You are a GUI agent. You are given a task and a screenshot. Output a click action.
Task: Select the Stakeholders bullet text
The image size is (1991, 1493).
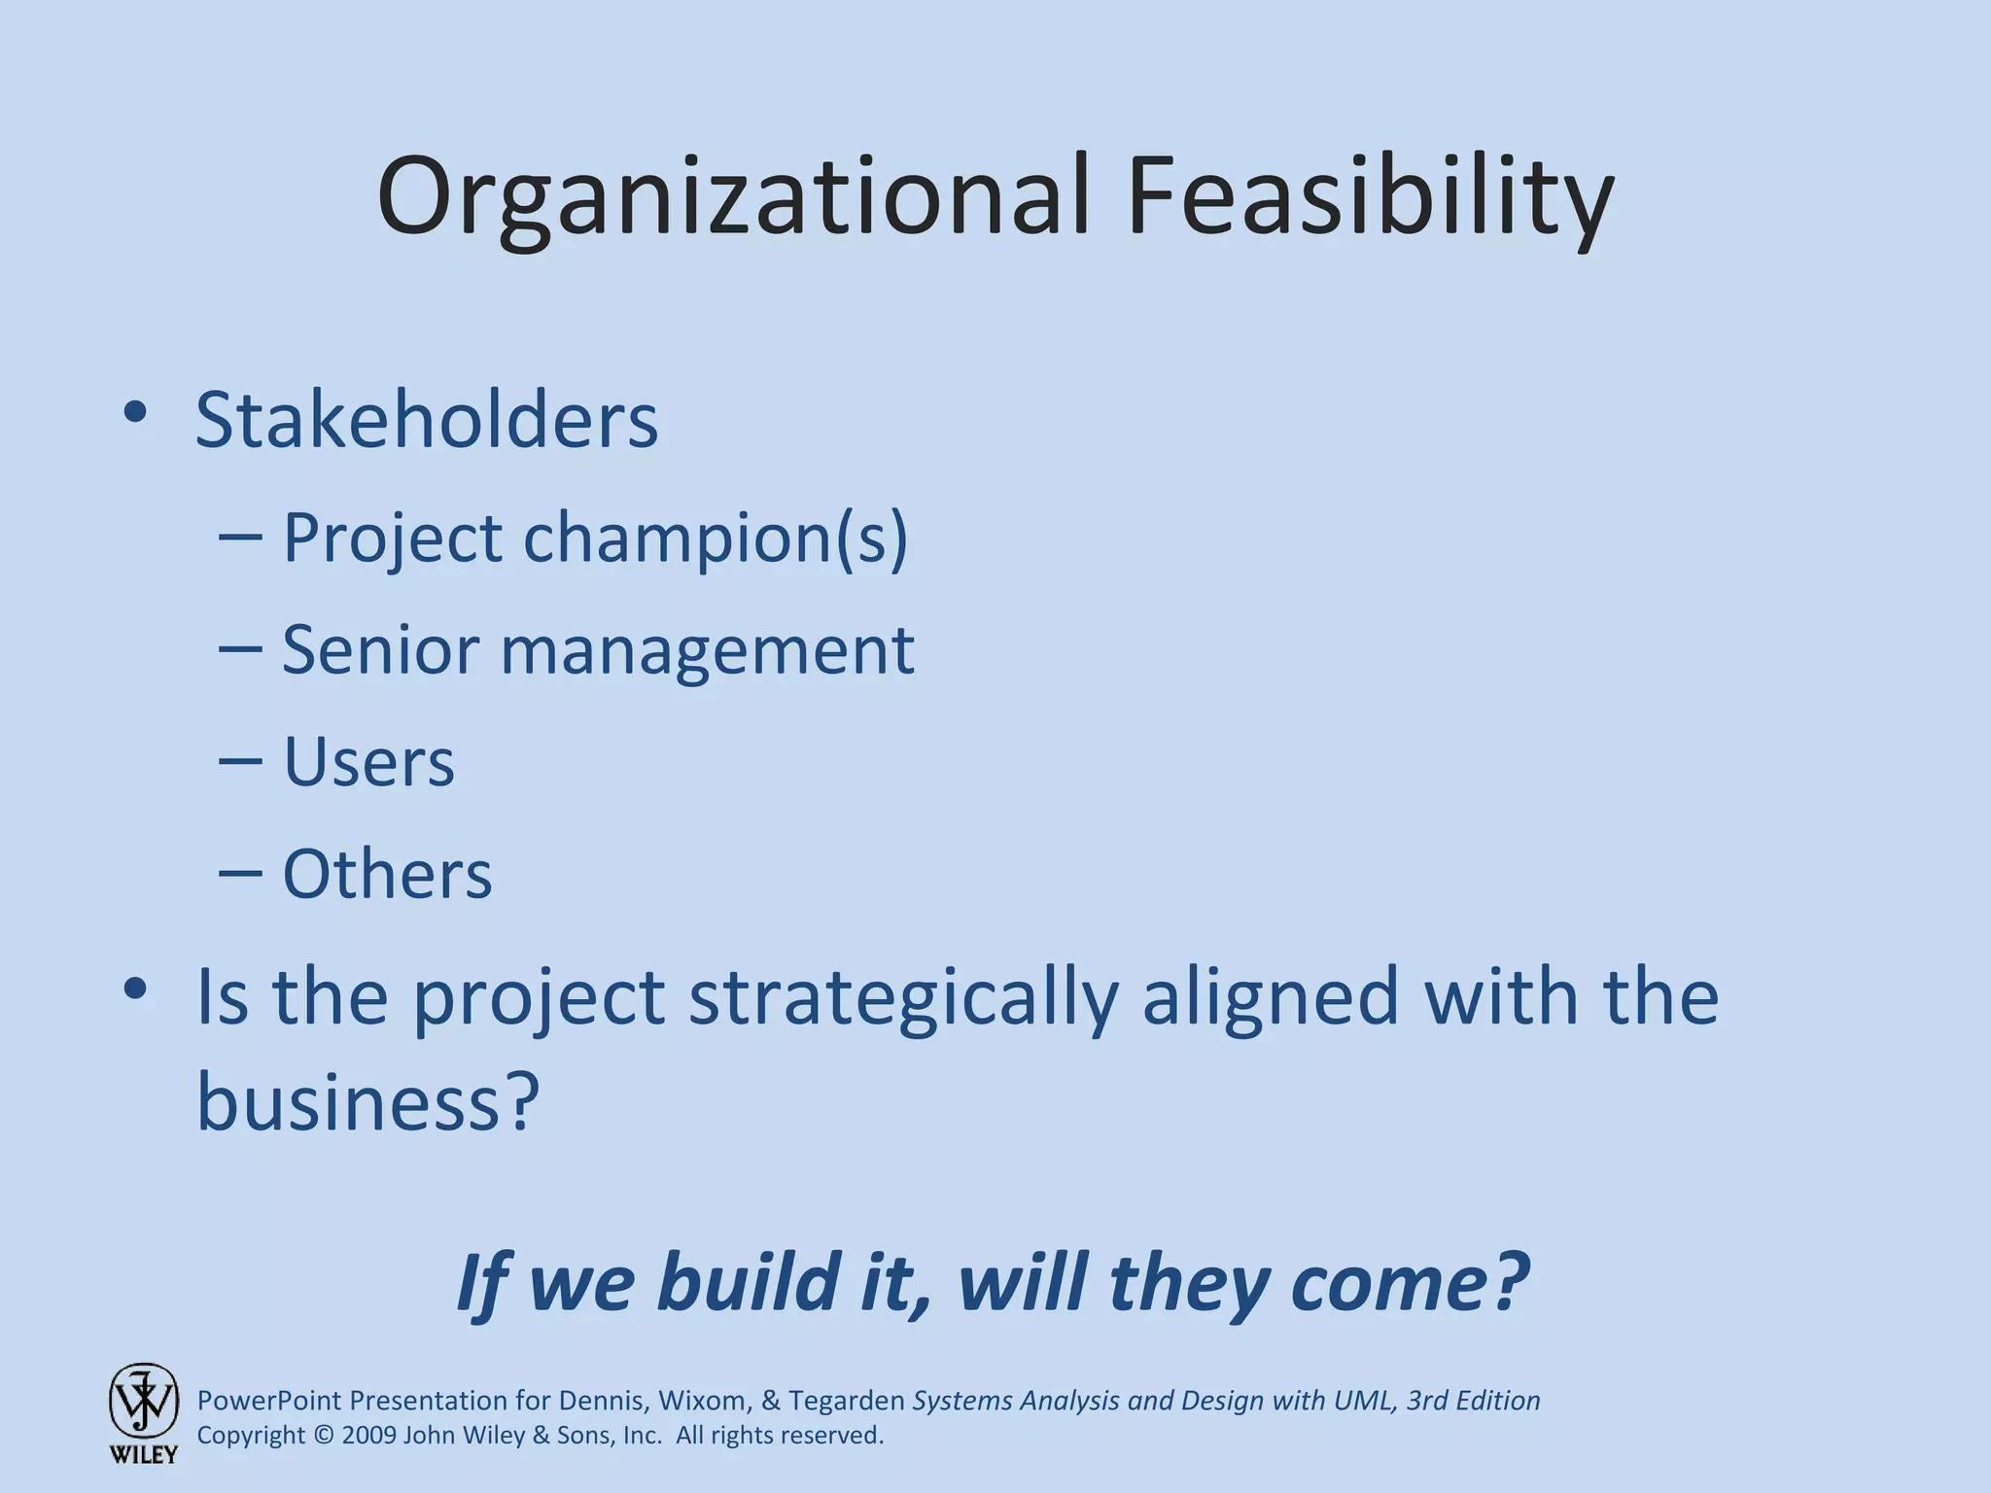pyautogui.click(x=427, y=420)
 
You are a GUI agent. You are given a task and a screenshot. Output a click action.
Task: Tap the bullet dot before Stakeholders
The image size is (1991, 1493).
pyautogui.click(x=135, y=412)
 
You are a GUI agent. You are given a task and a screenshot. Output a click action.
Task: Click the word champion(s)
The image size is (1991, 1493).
pyautogui.click(x=716, y=538)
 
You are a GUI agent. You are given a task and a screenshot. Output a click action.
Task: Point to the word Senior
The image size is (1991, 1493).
pyautogui.click(x=380, y=649)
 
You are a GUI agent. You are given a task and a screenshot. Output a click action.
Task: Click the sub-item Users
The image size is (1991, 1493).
pyautogui.click(x=368, y=761)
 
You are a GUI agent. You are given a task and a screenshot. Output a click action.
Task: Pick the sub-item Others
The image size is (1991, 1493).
pyautogui.click(x=387, y=874)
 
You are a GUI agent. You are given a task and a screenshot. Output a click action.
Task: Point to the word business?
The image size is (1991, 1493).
pyautogui.click(x=367, y=1103)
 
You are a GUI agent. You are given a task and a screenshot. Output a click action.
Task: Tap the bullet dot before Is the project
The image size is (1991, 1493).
pyautogui.click(x=135, y=990)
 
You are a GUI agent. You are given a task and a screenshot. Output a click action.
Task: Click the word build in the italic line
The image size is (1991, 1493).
pyautogui.click(x=748, y=1283)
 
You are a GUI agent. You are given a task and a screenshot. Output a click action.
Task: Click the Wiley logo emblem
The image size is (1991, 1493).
pyautogui.click(x=143, y=1402)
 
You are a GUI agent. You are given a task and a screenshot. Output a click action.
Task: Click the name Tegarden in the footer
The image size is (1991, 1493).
pyautogui.click(x=847, y=1401)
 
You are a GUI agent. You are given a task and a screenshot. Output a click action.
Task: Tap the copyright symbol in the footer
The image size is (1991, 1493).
pyautogui.click(x=323, y=1436)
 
